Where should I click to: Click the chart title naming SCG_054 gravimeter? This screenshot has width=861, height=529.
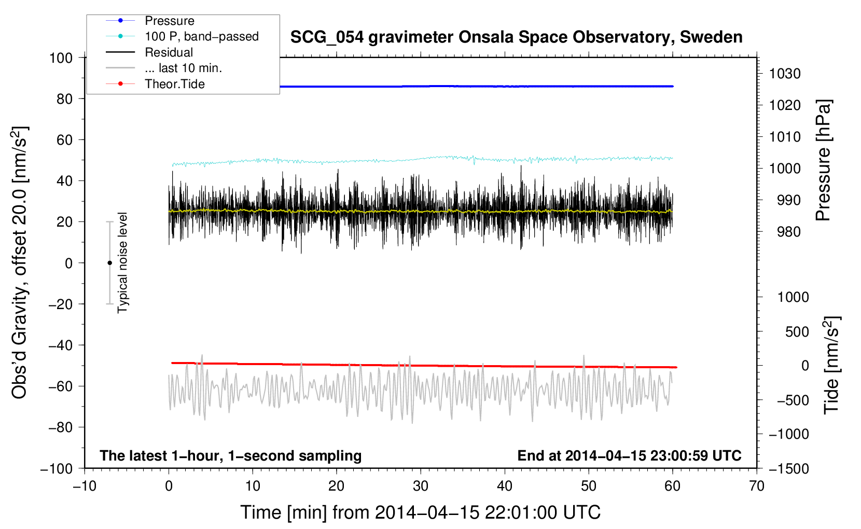pyautogui.click(x=516, y=37)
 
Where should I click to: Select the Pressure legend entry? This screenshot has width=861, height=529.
pyautogui.click(x=169, y=21)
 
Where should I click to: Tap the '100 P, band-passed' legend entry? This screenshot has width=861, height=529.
pyautogui.click(x=201, y=36)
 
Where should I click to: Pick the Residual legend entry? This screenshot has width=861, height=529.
pyautogui.click(x=169, y=52)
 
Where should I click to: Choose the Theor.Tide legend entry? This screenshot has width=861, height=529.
pyautogui.click(x=174, y=84)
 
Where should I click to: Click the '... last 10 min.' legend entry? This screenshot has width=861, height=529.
pyautogui.click(x=183, y=68)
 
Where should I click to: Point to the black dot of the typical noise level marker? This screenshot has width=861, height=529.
pyautogui.click(x=109, y=263)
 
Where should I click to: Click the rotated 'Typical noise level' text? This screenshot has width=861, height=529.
pyautogui.click(x=122, y=263)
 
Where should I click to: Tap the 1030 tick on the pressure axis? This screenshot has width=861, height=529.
pyautogui.click(x=784, y=74)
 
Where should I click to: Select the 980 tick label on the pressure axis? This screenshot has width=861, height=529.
pyautogui.click(x=788, y=232)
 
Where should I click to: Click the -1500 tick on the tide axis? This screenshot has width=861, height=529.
pyautogui.click(x=788, y=468)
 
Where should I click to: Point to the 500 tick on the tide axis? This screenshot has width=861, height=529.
pyautogui.click(x=797, y=331)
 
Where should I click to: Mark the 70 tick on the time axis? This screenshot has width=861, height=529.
pyautogui.click(x=757, y=486)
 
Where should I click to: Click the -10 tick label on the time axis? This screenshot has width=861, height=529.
pyautogui.click(x=85, y=486)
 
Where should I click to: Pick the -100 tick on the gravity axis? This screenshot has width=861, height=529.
pyautogui.click(x=57, y=468)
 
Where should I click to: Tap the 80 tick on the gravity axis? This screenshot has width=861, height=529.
pyautogui.click(x=64, y=99)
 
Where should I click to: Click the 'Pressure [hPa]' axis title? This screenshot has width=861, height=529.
pyautogui.click(x=823, y=160)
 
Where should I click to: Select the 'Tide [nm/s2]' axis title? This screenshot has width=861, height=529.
pyautogui.click(x=831, y=365)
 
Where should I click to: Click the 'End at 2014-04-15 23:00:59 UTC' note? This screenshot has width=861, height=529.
pyautogui.click(x=629, y=455)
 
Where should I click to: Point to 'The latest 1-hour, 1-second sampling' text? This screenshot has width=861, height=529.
pyautogui.click(x=231, y=455)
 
